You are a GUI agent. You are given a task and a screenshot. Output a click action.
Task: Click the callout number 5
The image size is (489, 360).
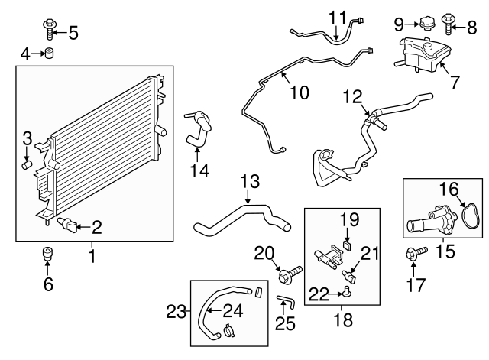click(73, 32)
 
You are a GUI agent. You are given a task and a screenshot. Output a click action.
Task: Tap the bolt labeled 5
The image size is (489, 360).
click(51, 29)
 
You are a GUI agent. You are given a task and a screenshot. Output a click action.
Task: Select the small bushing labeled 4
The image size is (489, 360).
click(50, 53)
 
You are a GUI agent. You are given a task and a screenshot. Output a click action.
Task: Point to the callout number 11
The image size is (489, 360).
click(338, 16)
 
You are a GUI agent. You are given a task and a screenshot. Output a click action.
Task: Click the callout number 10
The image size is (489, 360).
click(299, 92)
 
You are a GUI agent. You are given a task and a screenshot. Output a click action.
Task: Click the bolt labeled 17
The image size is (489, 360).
click(413, 255)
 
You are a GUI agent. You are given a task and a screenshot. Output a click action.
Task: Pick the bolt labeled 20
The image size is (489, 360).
click(288, 271)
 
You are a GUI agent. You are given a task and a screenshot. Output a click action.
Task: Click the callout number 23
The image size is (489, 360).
click(176, 311)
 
